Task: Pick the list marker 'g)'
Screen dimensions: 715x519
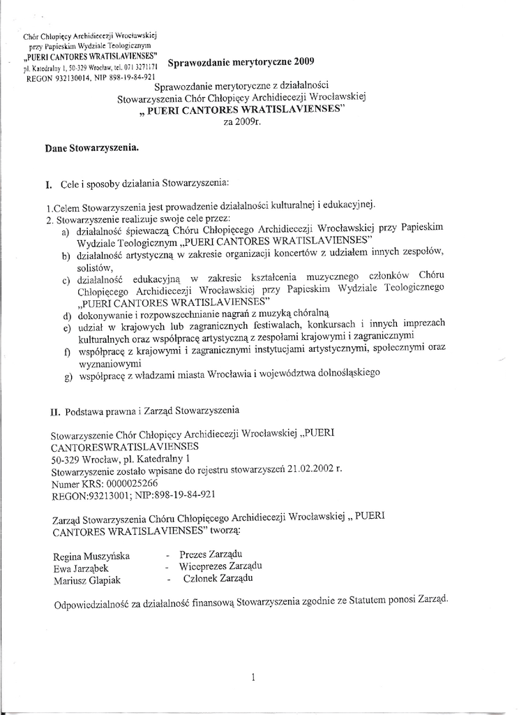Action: tap(68, 378)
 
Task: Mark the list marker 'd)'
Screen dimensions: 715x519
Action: tap(67, 316)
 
